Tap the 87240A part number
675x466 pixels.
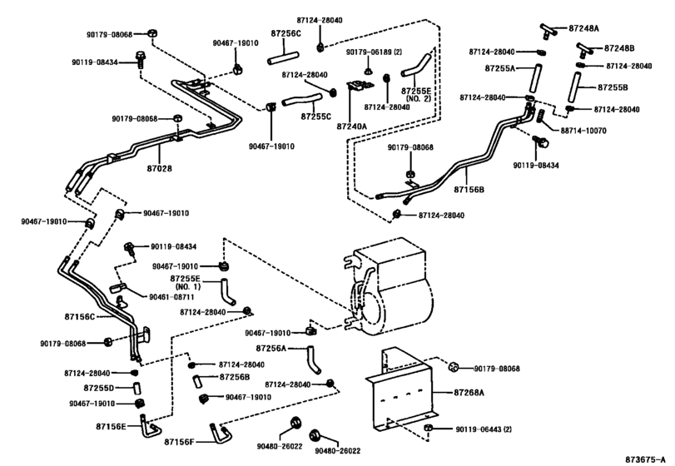(353, 124)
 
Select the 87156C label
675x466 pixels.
(80, 317)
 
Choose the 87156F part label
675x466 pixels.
(179, 440)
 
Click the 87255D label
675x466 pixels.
(99, 388)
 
